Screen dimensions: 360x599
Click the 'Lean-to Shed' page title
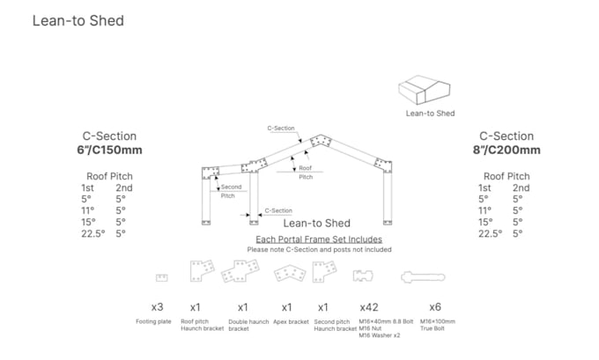78,20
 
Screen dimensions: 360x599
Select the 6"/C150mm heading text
109,150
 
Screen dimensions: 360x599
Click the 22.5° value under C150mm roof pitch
93,233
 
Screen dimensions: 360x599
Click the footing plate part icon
161,277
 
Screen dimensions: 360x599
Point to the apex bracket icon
288,274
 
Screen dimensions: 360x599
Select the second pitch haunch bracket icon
323,274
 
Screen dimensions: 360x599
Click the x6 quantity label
434,307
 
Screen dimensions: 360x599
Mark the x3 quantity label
158,307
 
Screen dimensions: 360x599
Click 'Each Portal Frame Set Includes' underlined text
318,239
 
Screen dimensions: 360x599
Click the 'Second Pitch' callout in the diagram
232,191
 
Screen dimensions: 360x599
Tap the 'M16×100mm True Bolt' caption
437,325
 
